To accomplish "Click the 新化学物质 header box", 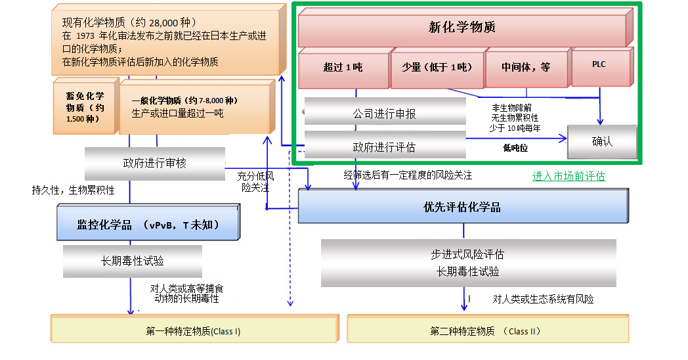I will click(462, 28).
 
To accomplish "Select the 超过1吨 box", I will click(343, 67).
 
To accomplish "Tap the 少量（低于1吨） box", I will click(437, 67).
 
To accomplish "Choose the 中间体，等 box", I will click(527, 67).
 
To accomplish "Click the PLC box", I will click(599, 65).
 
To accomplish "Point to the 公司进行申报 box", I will click(385, 114).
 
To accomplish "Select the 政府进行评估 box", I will click(385, 145).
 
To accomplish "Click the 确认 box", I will click(602, 141).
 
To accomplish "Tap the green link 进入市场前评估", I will click(569, 176).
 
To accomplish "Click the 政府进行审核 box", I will click(155, 163).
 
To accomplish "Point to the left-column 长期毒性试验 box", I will click(133, 261).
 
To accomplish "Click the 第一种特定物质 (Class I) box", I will click(193, 331).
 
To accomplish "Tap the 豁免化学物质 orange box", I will click(85, 107).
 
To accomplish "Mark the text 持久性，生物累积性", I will click(74, 191).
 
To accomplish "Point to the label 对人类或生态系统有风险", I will click(543, 299).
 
